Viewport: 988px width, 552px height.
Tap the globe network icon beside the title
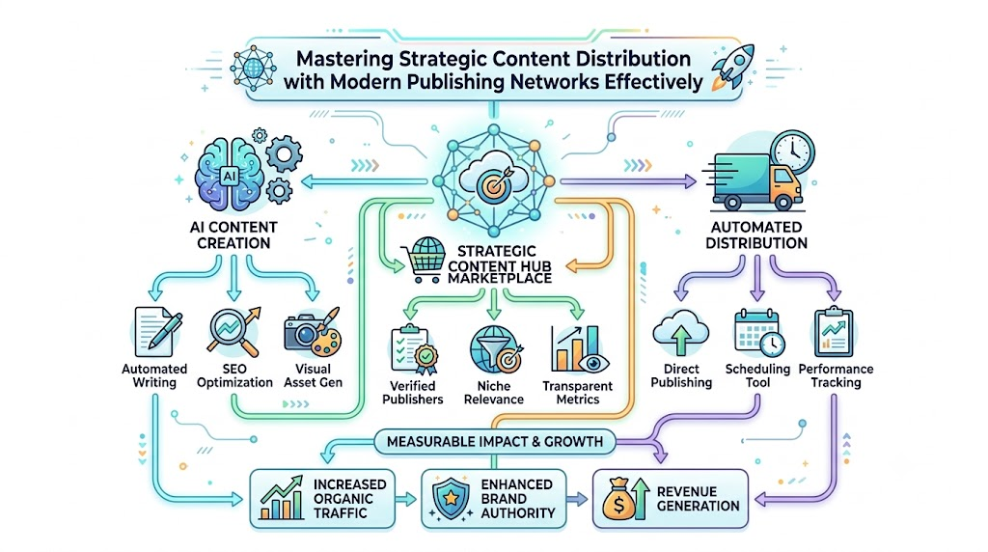coord(254,68)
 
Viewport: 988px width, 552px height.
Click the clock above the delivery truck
coord(792,152)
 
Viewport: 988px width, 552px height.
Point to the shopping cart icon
coord(426,259)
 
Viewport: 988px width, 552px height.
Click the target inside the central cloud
coord(493,183)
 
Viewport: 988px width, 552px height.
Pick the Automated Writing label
coord(154,375)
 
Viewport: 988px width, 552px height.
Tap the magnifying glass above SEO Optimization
coord(233,332)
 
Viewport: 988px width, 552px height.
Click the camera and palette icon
coord(313,332)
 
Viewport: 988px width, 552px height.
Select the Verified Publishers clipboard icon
coord(413,349)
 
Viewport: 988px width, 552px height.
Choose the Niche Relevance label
coord(494,393)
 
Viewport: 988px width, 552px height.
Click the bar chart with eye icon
coord(579,349)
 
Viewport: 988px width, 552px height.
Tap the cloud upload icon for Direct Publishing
coord(680,333)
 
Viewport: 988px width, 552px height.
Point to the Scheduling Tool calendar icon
coord(759,333)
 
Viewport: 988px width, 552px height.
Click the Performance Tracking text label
coord(837,375)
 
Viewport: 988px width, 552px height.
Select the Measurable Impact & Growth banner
coord(495,442)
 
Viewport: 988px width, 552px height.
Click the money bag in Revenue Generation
coord(618,500)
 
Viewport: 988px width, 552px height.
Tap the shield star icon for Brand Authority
coord(452,498)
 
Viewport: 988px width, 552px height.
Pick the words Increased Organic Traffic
coord(349,498)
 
